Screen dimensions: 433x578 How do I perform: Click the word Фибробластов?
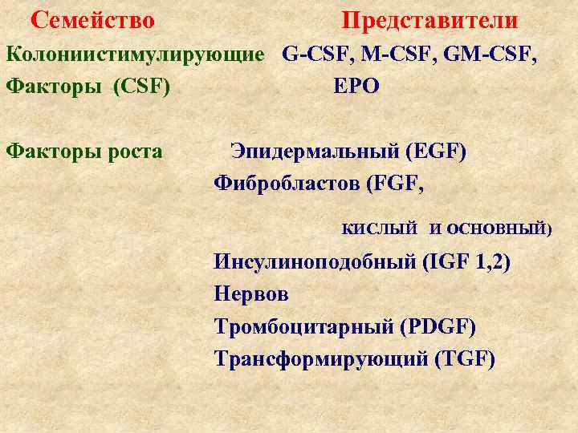(287, 184)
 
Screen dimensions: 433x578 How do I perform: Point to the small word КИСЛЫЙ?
(380, 229)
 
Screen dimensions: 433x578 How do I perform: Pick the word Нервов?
(251, 294)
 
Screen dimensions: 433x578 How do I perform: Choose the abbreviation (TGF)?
(464, 358)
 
